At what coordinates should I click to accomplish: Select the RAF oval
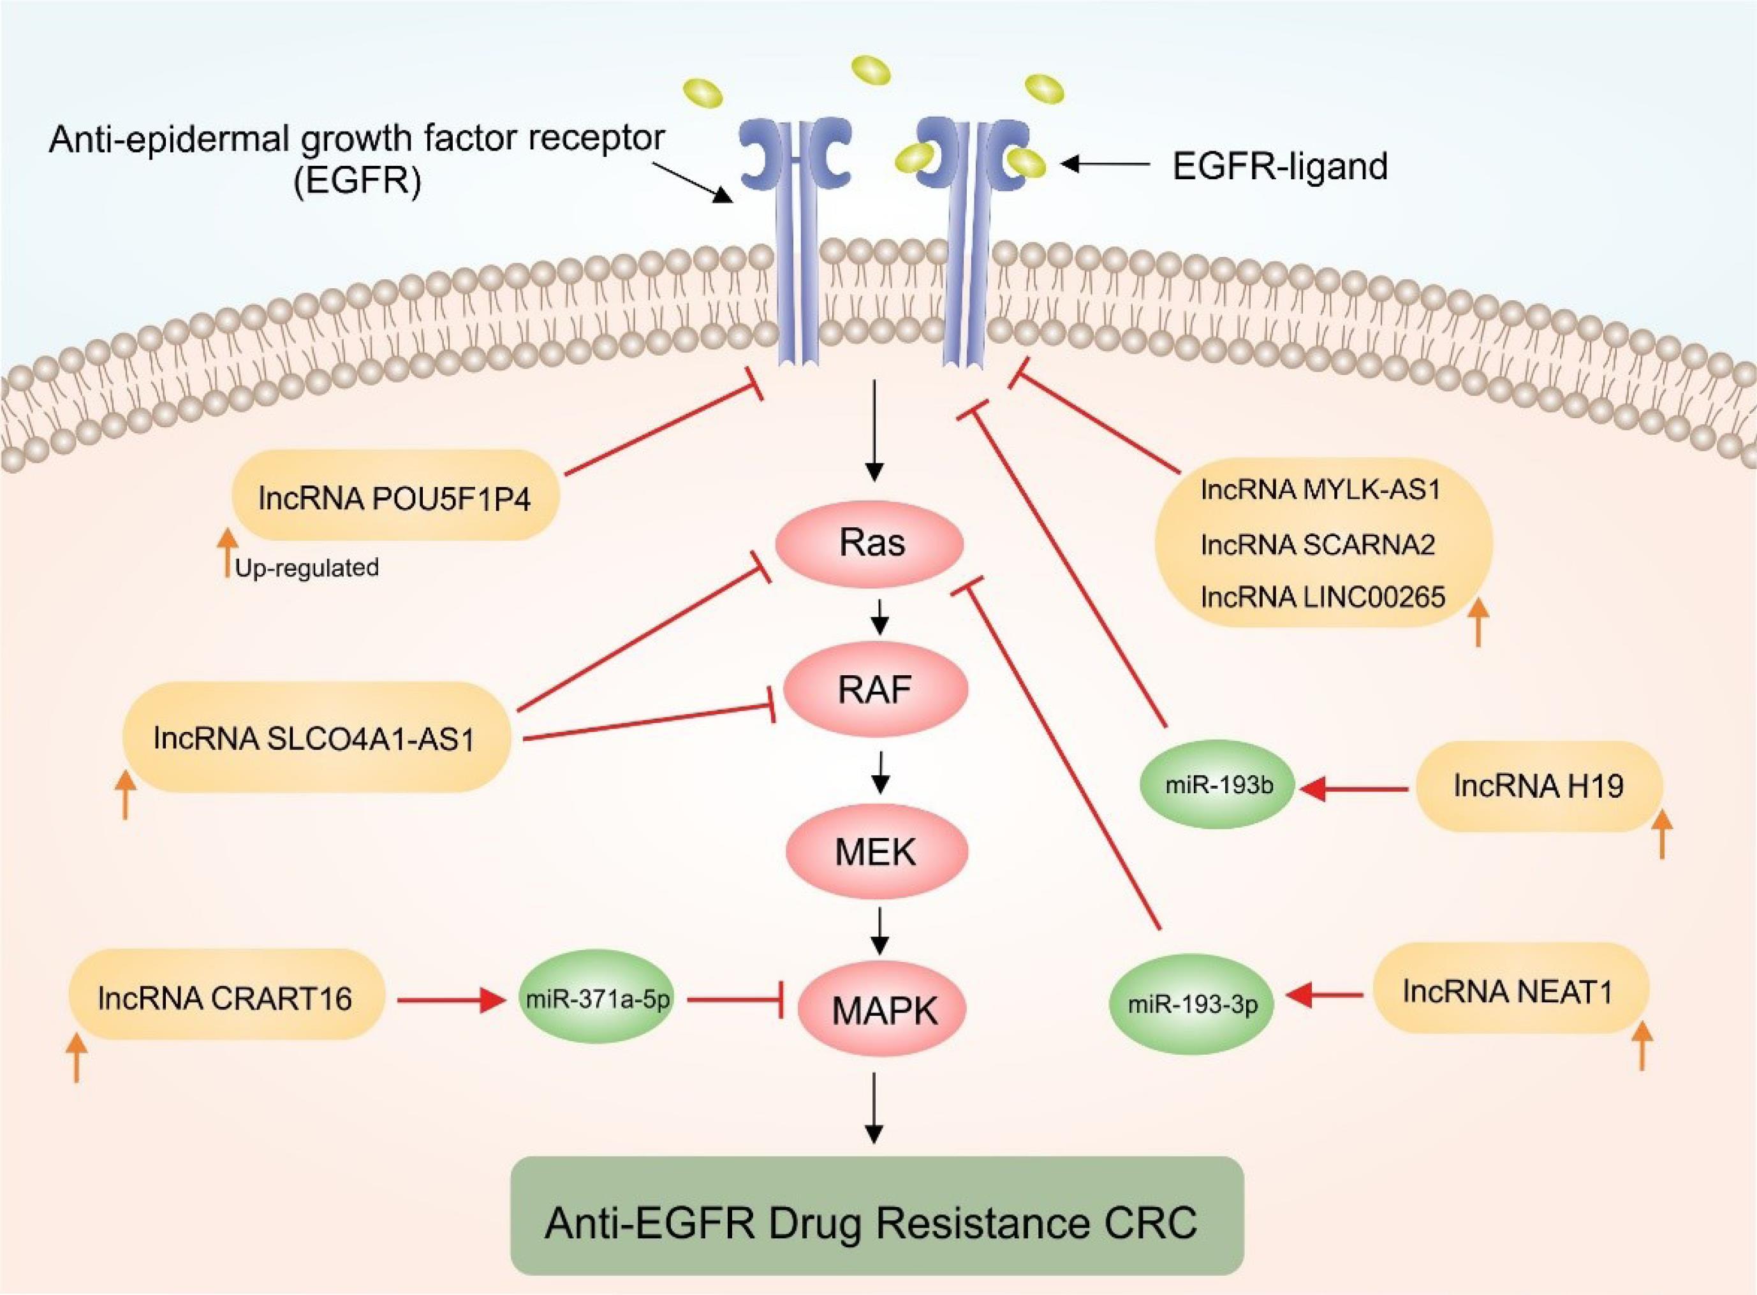point(874,690)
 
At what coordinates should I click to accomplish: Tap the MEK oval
point(876,851)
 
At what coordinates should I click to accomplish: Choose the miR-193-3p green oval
point(1193,1004)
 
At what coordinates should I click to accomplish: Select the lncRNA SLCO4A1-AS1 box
point(315,738)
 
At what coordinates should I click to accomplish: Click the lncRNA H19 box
point(1538,786)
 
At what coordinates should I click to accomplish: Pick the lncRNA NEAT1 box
point(1507,991)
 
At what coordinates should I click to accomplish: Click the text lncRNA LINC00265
point(1323,598)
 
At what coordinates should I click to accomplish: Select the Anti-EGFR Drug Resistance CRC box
point(876,1224)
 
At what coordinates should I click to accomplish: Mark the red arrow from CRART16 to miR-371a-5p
point(450,1000)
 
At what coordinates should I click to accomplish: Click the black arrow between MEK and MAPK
point(881,930)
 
